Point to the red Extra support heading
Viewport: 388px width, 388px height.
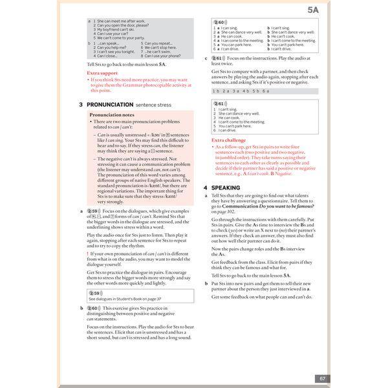102,73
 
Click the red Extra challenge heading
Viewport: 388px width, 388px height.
228,140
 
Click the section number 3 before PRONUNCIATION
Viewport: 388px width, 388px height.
80,104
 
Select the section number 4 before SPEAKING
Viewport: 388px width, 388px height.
205,188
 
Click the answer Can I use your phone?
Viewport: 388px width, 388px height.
159,56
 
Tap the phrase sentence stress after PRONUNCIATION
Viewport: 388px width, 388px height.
154,104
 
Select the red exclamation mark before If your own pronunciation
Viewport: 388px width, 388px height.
88,253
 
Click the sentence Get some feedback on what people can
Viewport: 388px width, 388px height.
261,297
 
